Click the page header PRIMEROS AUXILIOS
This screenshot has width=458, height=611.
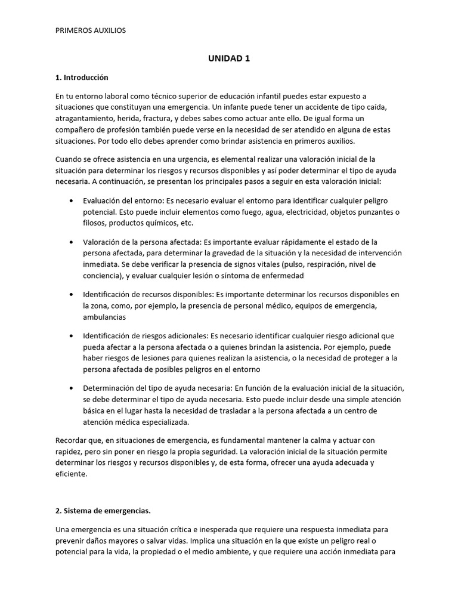[x=91, y=30]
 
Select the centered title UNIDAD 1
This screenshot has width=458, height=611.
[x=229, y=58]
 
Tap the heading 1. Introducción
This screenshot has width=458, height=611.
[x=82, y=78]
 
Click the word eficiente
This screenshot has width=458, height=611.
[x=71, y=474]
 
